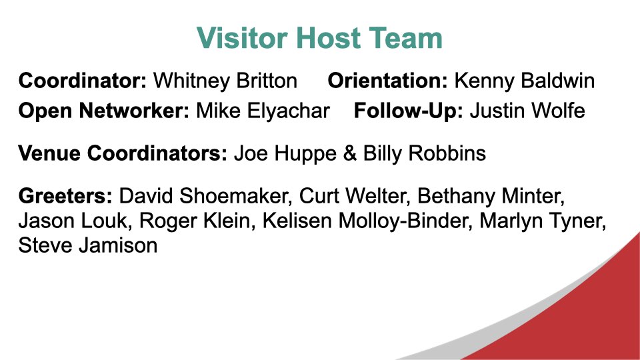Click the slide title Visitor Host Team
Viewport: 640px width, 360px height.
(x=319, y=38)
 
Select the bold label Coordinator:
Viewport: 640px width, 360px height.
(x=83, y=81)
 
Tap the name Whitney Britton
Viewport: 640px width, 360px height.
(x=225, y=81)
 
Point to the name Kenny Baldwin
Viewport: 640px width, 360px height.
(x=525, y=81)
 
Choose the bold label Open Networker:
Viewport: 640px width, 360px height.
(x=104, y=111)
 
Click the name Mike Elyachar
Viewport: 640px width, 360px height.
(x=263, y=111)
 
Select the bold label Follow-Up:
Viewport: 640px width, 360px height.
(x=409, y=111)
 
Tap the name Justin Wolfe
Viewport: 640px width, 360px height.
(x=527, y=111)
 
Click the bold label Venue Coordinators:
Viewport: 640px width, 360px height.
(x=123, y=153)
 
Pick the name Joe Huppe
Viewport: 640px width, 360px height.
(x=285, y=154)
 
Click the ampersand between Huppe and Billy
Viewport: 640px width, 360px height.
(x=350, y=153)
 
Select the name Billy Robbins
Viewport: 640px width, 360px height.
(x=425, y=154)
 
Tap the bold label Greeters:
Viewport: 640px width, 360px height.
(x=65, y=195)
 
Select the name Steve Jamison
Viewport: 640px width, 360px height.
(x=88, y=245)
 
